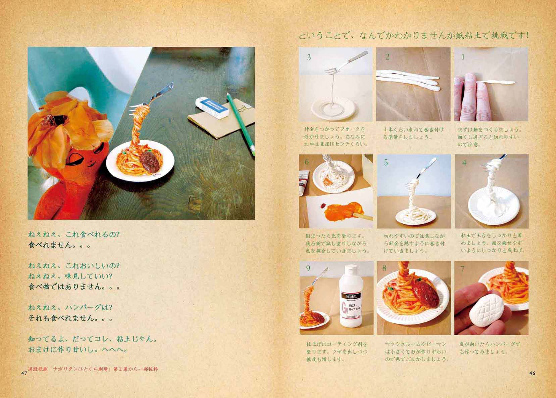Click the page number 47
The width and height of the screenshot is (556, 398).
pos(24,373)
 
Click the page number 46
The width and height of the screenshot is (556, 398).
pos(532,373)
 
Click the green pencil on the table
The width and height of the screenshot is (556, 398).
pos(241,124)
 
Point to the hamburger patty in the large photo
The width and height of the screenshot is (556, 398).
pos(150,162)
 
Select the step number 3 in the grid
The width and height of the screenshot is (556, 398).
pos(308,57)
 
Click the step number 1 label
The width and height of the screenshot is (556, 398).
pos(463,57)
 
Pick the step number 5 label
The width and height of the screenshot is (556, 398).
pos(386,162)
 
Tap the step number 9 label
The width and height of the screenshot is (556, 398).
pos(308,268)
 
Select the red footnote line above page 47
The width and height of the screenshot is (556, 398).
pos(93,369)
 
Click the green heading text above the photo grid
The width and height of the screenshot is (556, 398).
pos(413,36)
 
